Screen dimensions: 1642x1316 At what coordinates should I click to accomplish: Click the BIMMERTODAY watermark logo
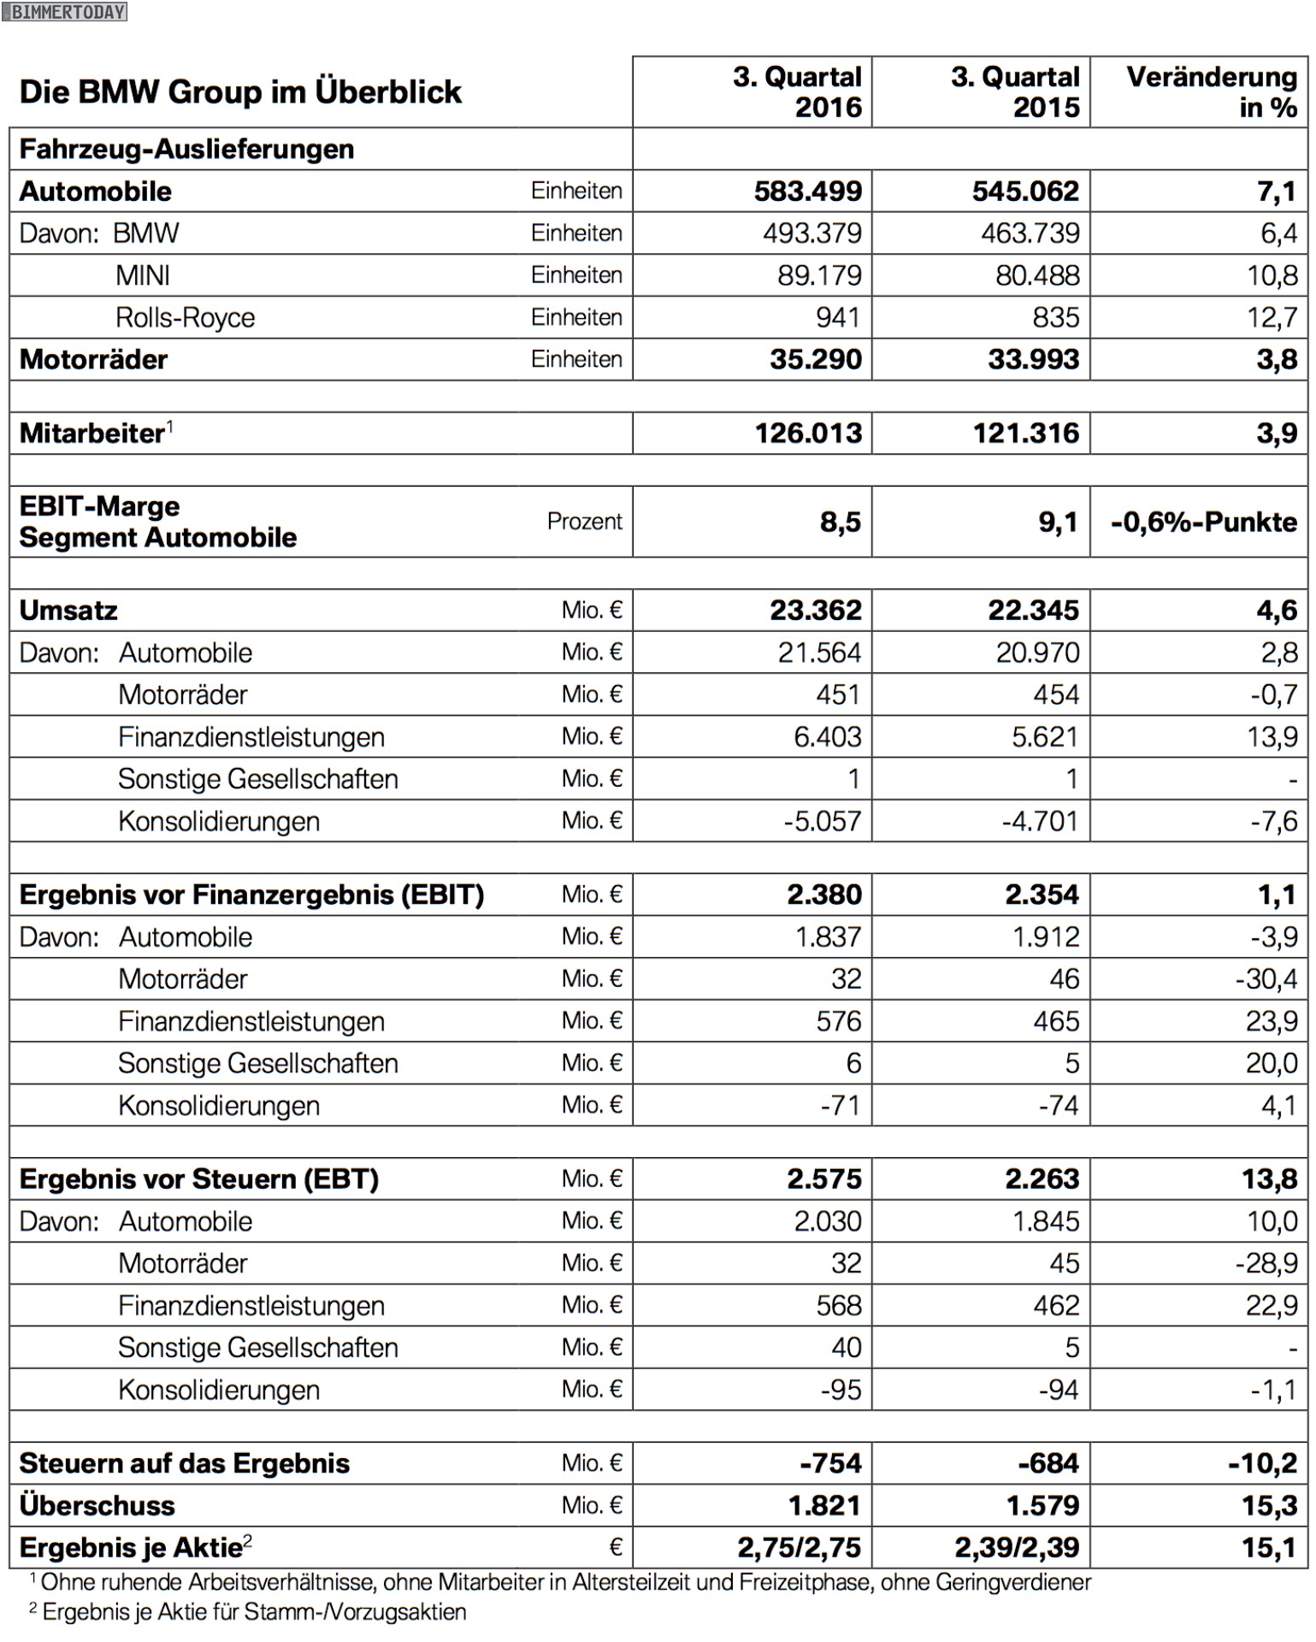click(64, 11)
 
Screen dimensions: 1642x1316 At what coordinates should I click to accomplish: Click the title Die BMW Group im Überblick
click(240, 92)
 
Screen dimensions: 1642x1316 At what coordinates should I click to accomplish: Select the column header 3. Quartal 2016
click(797, 92)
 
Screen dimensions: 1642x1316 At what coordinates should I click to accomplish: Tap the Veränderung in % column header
click(1211, 92)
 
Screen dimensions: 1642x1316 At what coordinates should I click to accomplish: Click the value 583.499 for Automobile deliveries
click(807, 191)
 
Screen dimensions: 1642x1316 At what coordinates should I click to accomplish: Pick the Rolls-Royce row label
click(185, 317)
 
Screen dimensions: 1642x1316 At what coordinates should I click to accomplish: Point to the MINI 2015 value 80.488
click(1037, 275)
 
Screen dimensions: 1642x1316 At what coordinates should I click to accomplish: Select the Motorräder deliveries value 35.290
click(815, 359)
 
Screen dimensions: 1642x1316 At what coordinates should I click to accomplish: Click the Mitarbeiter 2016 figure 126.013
click(808, 433)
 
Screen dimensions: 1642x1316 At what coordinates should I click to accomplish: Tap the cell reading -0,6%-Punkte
click(1203, 522)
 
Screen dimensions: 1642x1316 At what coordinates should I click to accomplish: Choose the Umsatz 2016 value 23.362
click(815, 610)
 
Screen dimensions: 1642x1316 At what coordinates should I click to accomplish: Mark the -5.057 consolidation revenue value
click(822, 821)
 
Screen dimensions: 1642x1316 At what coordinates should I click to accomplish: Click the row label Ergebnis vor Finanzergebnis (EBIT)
click(251, 895)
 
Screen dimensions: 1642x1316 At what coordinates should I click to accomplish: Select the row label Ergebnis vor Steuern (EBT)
click(198, 1178)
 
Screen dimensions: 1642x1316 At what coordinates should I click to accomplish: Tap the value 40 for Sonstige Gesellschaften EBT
click(846, 1347)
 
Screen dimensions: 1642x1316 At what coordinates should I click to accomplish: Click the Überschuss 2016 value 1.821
click(823, 1505)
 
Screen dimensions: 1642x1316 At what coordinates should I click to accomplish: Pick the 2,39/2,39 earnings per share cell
click(1017, 1547)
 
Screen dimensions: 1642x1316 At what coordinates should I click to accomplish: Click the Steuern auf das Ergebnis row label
click(185, 1463)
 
